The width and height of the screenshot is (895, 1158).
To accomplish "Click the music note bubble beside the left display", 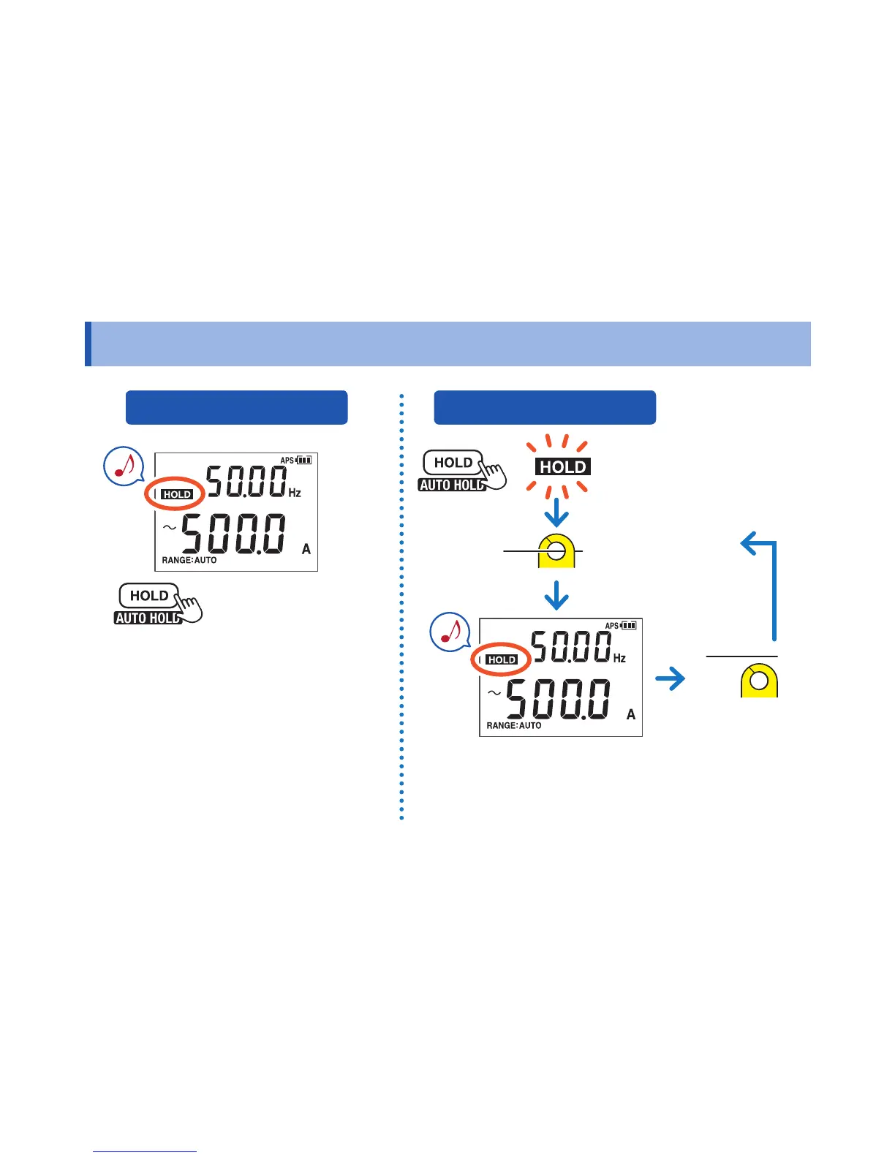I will [124, 466].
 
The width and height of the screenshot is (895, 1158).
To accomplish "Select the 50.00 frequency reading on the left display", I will [246, 481].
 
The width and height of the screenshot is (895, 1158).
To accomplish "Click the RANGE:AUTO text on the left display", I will [189, 560].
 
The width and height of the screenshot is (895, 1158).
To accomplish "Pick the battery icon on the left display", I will [304, 461].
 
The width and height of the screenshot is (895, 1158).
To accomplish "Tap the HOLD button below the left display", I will [149, 596].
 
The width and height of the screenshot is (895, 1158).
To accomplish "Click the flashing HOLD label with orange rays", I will [563, 467].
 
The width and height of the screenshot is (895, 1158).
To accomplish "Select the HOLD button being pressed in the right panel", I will [453, 463].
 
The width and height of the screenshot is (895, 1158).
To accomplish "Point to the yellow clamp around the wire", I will [556, 551].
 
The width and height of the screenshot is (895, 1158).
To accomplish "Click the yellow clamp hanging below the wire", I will [759, 681].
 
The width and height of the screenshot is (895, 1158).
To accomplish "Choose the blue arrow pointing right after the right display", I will [670, 679].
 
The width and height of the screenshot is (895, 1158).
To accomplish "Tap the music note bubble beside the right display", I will [450, 632].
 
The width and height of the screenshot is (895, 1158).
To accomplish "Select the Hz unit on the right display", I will [619, 658].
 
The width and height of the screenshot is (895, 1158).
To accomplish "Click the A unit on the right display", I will [631, 714].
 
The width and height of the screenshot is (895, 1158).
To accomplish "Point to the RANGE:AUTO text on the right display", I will [514, 725].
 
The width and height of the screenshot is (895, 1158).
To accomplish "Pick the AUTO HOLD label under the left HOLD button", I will [147, 618].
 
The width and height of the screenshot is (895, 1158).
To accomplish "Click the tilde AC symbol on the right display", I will [494, 692].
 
